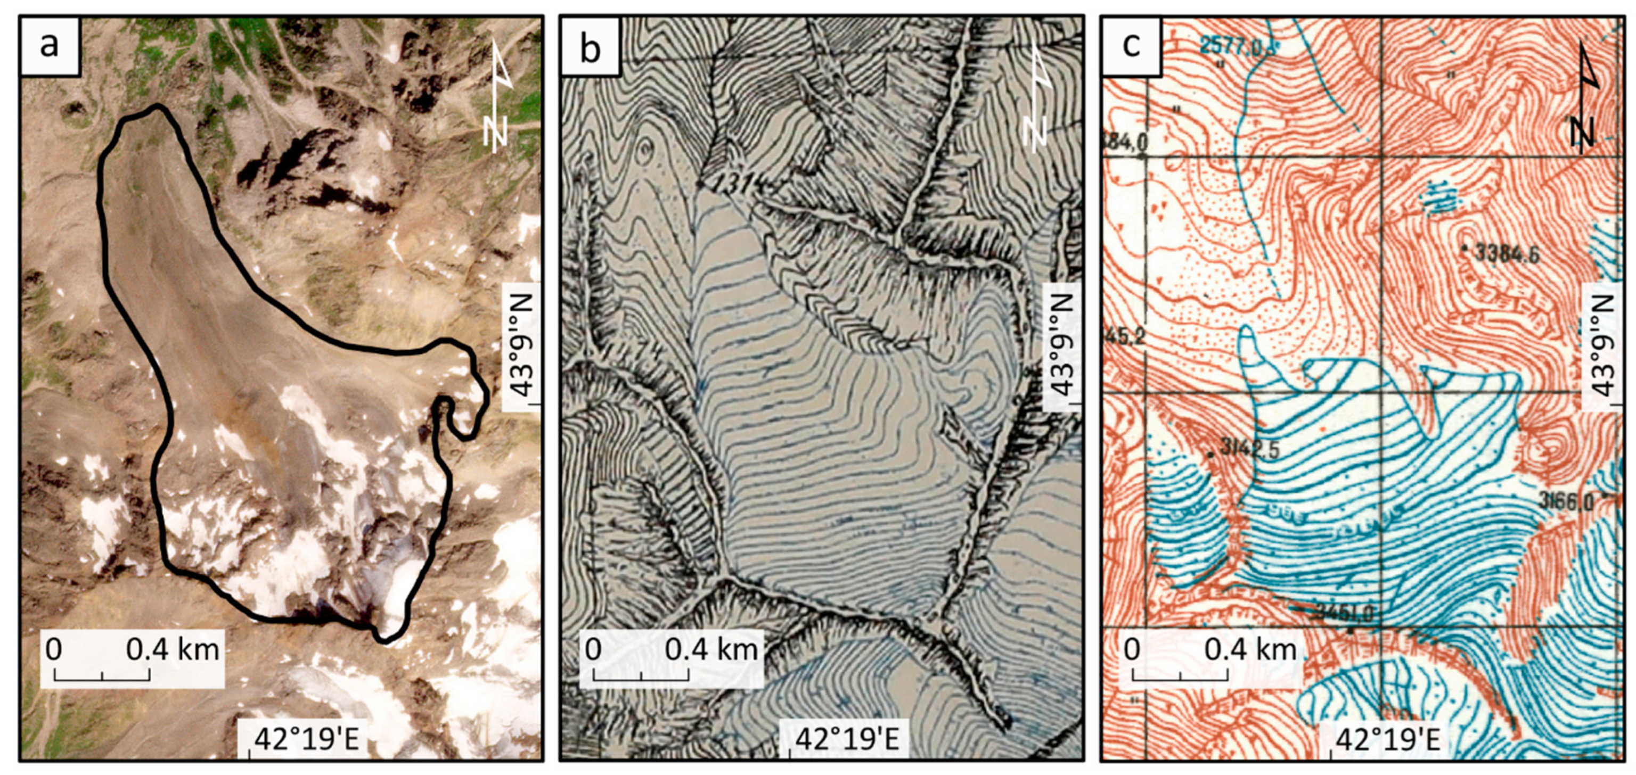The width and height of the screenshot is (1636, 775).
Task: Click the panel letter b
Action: click(x=590, y=46)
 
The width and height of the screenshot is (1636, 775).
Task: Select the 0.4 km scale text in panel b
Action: click(x=711, y=649)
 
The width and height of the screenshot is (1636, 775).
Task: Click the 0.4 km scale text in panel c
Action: click(x=1250, y=649)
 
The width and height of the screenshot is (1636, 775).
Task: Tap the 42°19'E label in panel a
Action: click(x=307, y=739)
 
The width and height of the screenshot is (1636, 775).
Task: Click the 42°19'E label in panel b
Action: click(x=847, y=739)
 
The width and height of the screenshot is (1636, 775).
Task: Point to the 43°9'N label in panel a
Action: click(x=522, y=346)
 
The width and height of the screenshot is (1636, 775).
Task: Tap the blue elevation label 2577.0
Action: click(x=1233, y=46)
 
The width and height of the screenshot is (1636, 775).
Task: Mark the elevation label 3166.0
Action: click(x=1566, y=502)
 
